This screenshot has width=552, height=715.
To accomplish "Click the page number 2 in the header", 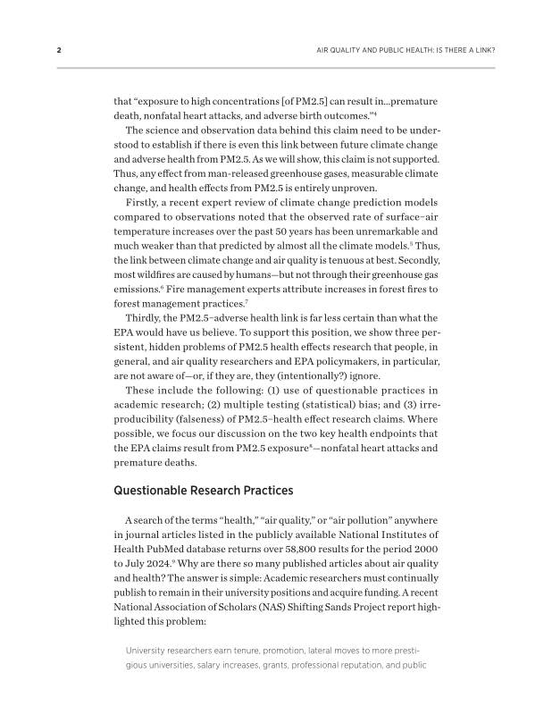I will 59,50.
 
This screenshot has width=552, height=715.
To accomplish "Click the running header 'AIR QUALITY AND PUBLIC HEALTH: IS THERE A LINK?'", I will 406,50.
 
